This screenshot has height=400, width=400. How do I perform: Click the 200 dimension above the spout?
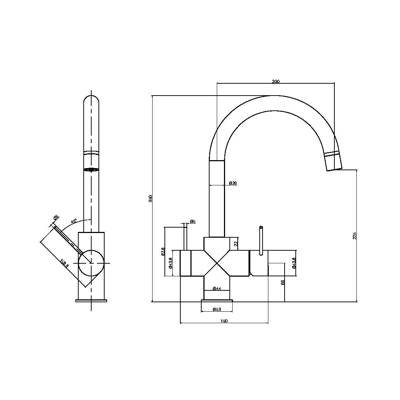(275, 82)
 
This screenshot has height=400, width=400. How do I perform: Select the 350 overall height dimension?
(151, 198)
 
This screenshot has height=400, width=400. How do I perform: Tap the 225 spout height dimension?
(355, 236)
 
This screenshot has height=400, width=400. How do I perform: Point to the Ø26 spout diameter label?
(233, 183)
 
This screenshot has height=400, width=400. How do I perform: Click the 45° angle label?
(74, 221)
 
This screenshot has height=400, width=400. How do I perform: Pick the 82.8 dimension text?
(163, 251)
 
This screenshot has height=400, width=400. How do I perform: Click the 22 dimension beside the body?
(236, 244)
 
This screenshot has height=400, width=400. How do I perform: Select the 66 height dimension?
(283, 282)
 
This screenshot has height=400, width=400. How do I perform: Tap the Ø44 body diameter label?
(217, 288)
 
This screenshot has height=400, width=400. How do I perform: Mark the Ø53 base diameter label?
(217, 309)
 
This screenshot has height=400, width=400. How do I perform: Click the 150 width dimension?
(224, 321)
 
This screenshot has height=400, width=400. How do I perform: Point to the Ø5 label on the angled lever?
(56, 217)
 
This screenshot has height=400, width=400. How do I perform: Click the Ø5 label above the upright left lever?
(193, 221)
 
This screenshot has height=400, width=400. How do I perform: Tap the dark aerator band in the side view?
(91, 170)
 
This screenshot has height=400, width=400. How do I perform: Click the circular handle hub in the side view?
(91, 263)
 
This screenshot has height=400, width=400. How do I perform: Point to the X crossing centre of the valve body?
(216, 263)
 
